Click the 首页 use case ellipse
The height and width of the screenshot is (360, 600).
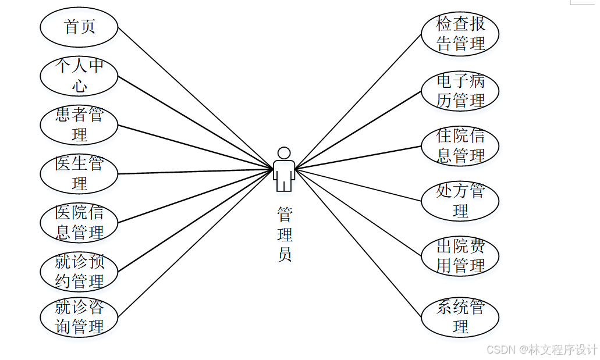[79, 27]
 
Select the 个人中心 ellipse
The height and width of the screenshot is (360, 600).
[79, 76]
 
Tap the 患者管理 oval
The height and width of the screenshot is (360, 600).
[79, 124]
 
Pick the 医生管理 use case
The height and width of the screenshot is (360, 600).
[79, 173]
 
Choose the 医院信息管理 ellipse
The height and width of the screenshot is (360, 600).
[79, 222]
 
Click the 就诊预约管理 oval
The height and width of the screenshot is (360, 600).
[79, 271]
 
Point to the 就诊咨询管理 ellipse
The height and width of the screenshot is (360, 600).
[79, 318]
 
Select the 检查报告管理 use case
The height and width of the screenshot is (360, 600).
[460, 34]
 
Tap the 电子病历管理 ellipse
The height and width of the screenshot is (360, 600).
[460, 91]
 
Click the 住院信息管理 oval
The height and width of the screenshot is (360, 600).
[460, 146]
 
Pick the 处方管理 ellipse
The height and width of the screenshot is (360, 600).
[460, 201]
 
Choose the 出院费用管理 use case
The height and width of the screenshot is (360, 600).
[460, 256]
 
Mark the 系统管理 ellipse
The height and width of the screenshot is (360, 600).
[460, 316]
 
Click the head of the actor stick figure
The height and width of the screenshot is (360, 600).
[284, 153]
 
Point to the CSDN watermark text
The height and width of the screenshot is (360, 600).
[542, 349]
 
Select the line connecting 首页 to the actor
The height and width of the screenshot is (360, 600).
[196, 98]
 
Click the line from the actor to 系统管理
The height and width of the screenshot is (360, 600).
[358, 244]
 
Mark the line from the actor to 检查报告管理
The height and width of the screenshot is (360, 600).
[358, 101]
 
